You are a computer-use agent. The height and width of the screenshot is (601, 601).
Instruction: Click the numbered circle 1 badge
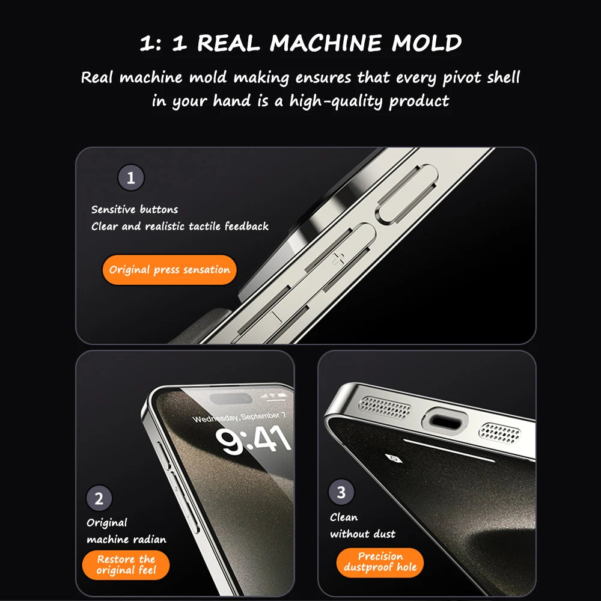(x=131, y=178)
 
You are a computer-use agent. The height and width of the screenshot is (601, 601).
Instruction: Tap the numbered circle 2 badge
(x=99, y=498)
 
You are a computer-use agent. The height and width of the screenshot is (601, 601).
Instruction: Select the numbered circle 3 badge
(x=341, y=493)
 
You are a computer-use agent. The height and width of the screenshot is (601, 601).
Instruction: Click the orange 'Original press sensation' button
(x=169, y=270)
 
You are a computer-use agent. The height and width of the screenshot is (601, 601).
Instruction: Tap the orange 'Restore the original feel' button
(x=126, y=565)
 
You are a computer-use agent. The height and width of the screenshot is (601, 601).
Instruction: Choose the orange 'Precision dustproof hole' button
(x=380, y=563)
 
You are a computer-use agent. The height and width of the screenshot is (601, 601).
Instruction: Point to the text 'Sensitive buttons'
(x=135, y=210)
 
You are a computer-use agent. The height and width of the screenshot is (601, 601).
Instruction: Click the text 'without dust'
(x=362, y=534)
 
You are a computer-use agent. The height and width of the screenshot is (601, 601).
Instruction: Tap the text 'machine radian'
(x=126, y=539)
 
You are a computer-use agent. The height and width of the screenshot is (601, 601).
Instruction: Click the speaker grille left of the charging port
(x=385, y=407)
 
